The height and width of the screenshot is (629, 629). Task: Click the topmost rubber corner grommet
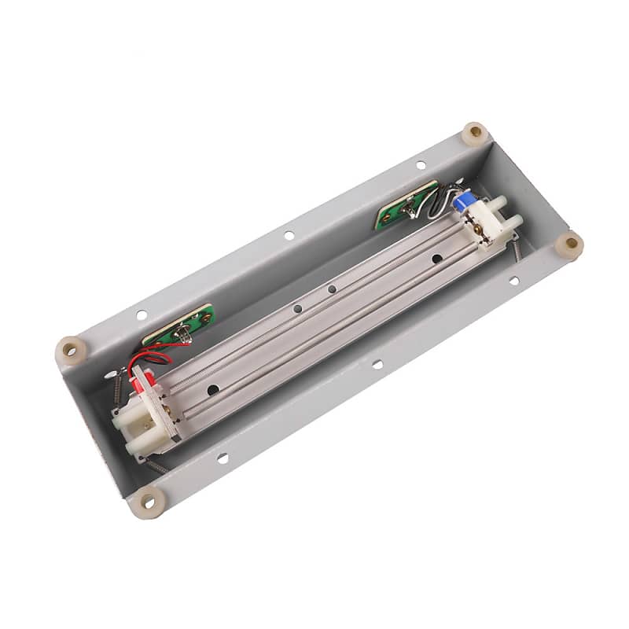[x=474, y=133]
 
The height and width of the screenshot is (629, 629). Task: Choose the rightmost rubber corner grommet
[x=568, y=245]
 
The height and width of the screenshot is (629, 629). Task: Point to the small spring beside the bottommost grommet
[x=156, y=466]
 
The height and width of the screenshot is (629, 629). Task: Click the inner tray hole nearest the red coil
[x=212, y=388]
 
